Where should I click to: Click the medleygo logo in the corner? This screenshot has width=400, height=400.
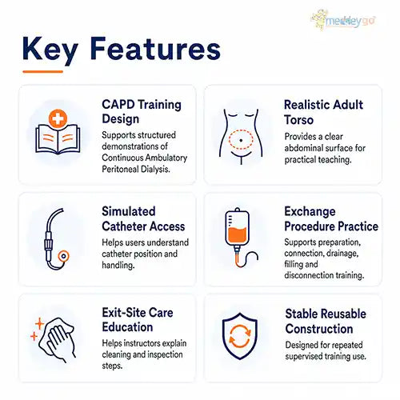click(x=344, y=19)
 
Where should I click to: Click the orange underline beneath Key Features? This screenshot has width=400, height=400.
click(x=42, y=71)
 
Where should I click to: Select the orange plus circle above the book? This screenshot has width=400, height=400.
click(x=58, y=118)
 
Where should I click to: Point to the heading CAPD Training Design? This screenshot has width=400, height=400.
click(x=142, y=111)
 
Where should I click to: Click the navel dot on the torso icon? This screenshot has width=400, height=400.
click(x=241, y=140)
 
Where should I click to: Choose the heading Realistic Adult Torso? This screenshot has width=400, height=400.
click(x=323, y=112)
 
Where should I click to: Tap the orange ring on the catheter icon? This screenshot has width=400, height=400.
click(x=63, y=256)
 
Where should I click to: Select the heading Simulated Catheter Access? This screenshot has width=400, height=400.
click(x=143, y=219)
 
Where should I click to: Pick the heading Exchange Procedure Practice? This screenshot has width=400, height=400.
click(x=331, y=219)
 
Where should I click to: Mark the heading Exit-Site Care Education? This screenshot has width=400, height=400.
click(x=138, y=320)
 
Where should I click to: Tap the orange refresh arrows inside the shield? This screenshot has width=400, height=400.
click(x=240, y=336)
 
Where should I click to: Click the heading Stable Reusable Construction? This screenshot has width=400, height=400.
click(x=326, y=322)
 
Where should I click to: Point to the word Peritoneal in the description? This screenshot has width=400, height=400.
click(x=120, y=169)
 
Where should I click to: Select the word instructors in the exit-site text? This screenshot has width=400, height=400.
click(x=142, y=343)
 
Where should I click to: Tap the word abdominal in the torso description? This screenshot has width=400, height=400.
click(x=303, y=148)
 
